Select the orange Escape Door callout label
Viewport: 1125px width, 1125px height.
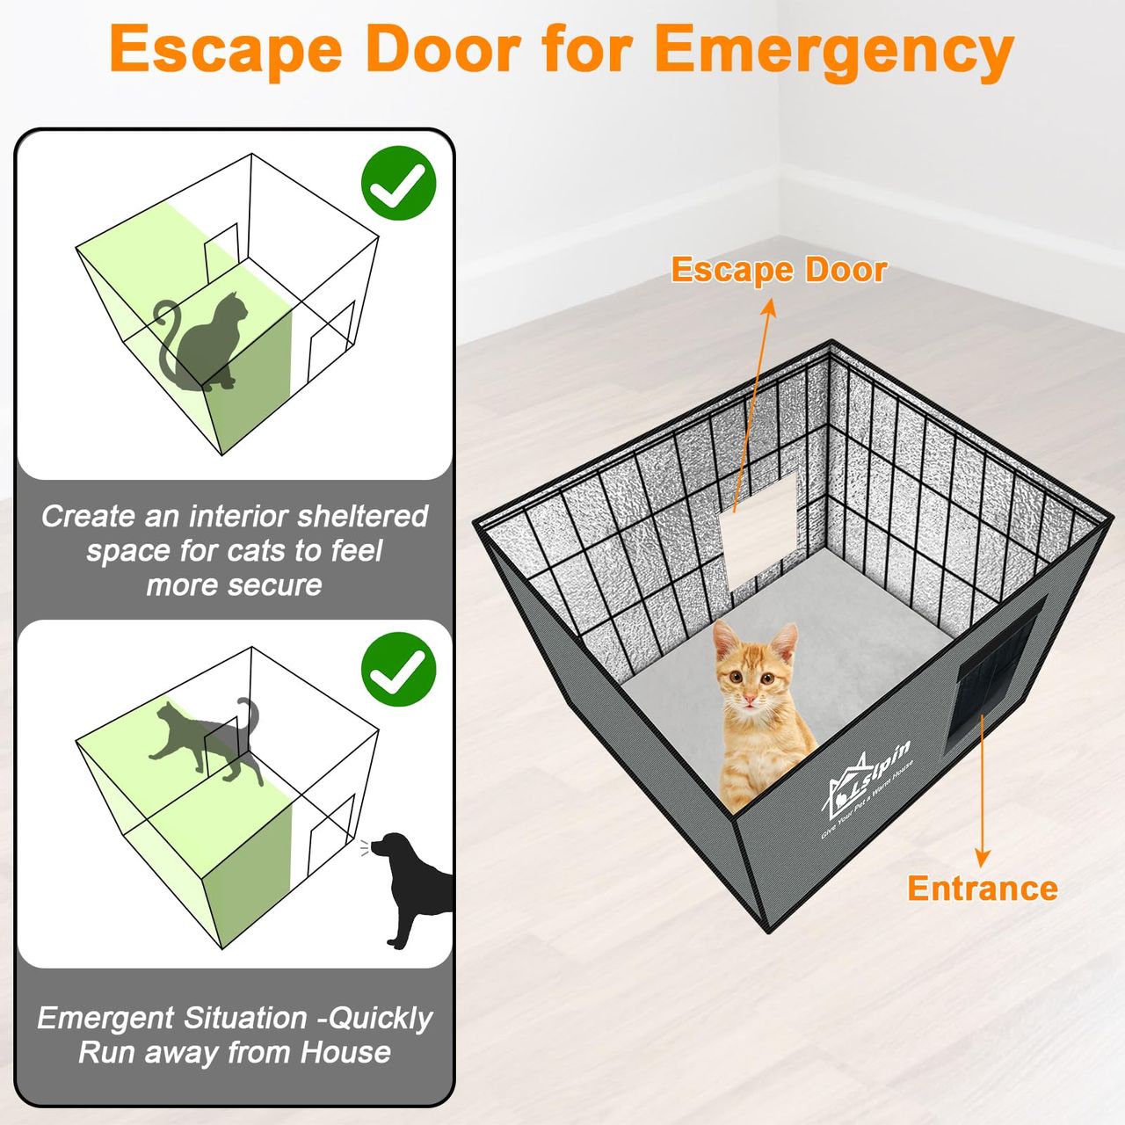[x=779, y=270]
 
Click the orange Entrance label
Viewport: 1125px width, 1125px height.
[x=982, y=889]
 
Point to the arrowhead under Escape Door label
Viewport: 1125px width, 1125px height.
[x=770, y=307]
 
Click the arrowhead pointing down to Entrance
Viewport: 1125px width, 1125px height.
[x=982, y=858]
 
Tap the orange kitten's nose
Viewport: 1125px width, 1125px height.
[x=749, y=696]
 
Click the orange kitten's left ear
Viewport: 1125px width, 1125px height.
[x=724, y=640]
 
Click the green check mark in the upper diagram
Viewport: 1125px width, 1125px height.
[x=399, y=183]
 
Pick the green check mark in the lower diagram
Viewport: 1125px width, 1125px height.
[x=399, y=669]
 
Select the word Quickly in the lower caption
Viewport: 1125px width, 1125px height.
[x=380, y=1020]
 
